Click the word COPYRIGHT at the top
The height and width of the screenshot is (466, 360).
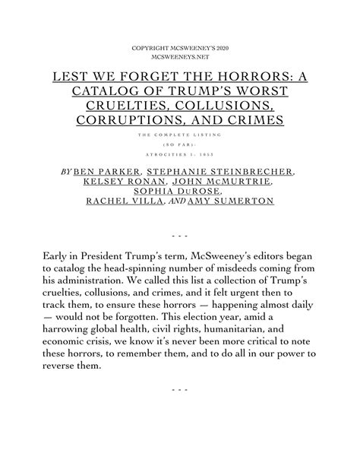[150, 48]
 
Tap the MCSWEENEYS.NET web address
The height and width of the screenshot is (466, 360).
[180, 58]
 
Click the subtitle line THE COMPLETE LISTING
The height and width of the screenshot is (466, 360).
[180, 135]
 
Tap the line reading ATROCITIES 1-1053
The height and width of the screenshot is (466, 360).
[180, 154]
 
